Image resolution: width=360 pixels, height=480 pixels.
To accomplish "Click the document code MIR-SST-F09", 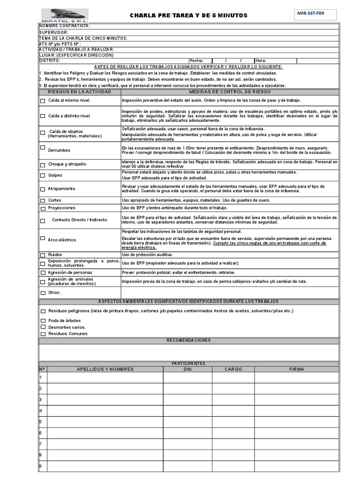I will tap(311, 14).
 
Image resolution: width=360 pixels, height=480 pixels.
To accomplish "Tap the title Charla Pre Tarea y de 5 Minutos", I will tap(188, 15).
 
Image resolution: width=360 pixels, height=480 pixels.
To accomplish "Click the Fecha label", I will tap(196, 60).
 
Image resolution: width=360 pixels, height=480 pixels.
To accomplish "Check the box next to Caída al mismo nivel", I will tap(43, 101).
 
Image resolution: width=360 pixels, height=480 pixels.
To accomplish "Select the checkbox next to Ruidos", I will tap(43, 255).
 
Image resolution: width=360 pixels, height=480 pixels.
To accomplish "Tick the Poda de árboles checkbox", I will tap(43, 321).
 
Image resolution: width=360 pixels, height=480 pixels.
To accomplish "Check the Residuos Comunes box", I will tap(43, 334).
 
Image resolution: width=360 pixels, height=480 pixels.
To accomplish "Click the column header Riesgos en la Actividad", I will tap(79, 92).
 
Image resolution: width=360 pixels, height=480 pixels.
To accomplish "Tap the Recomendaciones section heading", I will tap(188, 340).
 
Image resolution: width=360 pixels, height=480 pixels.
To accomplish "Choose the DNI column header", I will tap(187, 369).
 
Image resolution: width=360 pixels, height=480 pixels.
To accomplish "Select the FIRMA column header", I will tap(296, 369).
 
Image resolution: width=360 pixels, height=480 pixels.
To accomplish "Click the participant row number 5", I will tap(41, 422).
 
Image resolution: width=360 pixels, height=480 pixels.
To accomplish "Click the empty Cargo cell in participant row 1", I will tap(233, 377).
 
